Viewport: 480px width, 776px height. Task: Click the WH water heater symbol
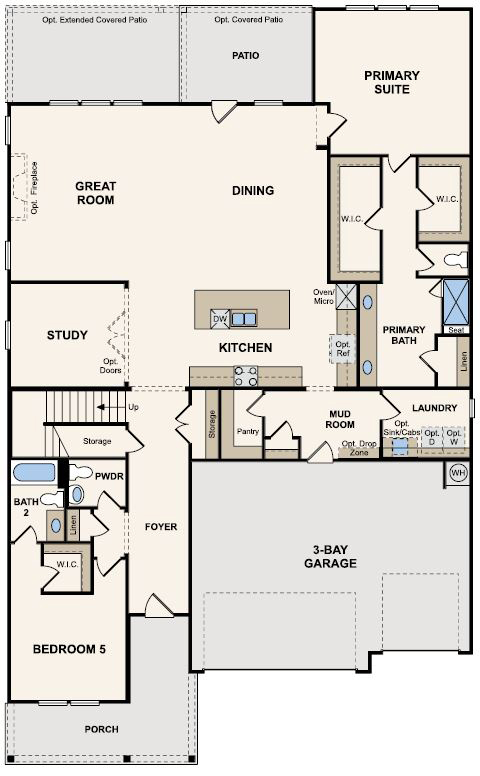tap(458, 473)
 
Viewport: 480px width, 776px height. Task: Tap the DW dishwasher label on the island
tap(219, 319)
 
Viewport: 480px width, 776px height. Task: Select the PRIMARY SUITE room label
tap(391, 82)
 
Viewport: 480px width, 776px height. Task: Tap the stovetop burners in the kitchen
tap(246, 376)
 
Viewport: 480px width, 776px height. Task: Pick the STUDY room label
tap(67, 335)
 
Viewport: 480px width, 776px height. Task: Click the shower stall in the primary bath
tap(459, 299)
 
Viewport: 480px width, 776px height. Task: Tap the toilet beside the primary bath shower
tap(452, 261)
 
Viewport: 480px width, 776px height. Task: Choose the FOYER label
tap(160, 526)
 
